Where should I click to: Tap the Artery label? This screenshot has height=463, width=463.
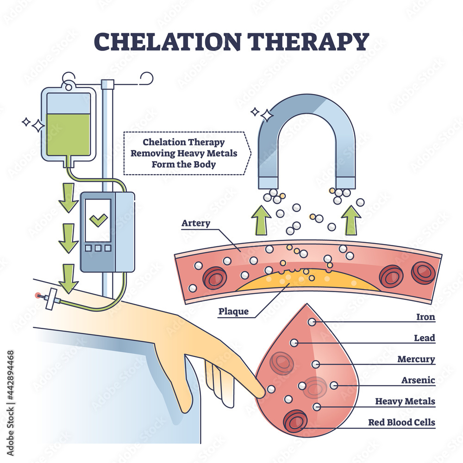tap(196, 223)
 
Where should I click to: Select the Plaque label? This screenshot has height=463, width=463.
tap(233, 312)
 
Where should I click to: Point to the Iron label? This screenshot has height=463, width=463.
tap(425, 317)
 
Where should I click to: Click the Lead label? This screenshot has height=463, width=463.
tap(425, 338)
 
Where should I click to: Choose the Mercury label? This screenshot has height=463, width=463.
tap(416, 359)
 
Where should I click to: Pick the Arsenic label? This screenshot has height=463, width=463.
tap(418, 380)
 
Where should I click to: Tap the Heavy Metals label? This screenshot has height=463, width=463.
tap(405, 401)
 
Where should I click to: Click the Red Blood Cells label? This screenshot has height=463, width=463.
tap(401, 422)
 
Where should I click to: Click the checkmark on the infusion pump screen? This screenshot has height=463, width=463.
tap(98, 220)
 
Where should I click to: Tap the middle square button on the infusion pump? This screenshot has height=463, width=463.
tap(98, 248)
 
